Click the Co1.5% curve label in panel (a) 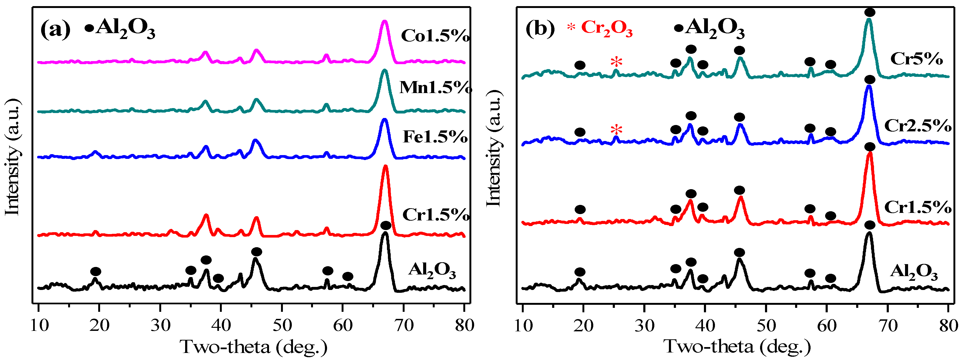(x=435, y=36)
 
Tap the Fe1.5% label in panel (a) (x=435, y=137)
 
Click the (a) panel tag (x=55, y=29)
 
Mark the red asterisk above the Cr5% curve (x=616, y=62)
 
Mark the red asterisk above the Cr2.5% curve (x=616, y=130)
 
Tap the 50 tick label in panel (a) (x=282, y=325)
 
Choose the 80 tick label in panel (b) (x=948, y=325)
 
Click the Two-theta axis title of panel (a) (x=254, y=347)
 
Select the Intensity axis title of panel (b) (x=494, y=148)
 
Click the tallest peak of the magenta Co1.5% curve (x=384, y=22)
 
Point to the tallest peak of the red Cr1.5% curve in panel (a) (x=386, y=167)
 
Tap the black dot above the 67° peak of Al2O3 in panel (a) (x=386, y=225)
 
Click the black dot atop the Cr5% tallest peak (x=870, y=12)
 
